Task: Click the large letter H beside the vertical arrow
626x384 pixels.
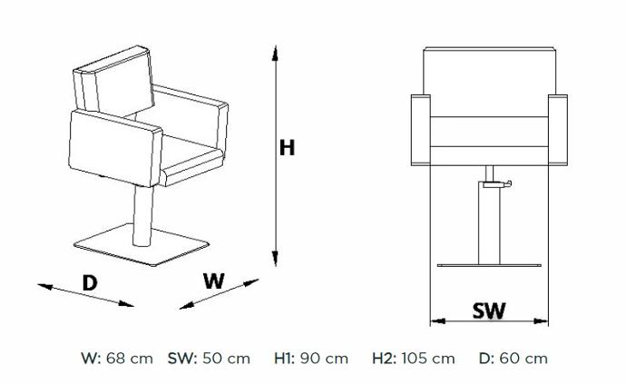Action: click(x=287, y=147)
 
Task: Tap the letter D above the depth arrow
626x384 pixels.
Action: click(x=90, y=283)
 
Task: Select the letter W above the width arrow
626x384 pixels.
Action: click(x=214, y=281)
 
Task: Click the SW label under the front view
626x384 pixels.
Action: click(x=489, y=310)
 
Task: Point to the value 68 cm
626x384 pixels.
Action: click(x=130, y=359)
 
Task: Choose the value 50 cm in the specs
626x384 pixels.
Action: click(x=227, y=359)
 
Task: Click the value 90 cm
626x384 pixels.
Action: click(x=324, y=359)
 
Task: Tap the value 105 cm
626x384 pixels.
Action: click(x=428, y=359)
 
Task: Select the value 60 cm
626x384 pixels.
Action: click(x=523, y=359)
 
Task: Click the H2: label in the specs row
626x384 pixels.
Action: click(x=384, y=359)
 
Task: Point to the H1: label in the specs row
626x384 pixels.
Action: click(x=284, y=359)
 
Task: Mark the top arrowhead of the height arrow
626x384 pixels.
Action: click(x=275, y=54)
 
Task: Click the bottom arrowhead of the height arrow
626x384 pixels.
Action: click(x=275, y=259)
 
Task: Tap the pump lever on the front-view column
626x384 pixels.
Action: click(x=497, y=183)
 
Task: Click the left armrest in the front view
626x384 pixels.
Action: click(x=421, y=130)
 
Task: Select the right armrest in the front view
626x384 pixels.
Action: click(x=558, y=130)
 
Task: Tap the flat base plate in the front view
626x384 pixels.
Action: click(x=489, y=265)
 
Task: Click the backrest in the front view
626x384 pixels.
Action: click(x=490, y=82)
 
